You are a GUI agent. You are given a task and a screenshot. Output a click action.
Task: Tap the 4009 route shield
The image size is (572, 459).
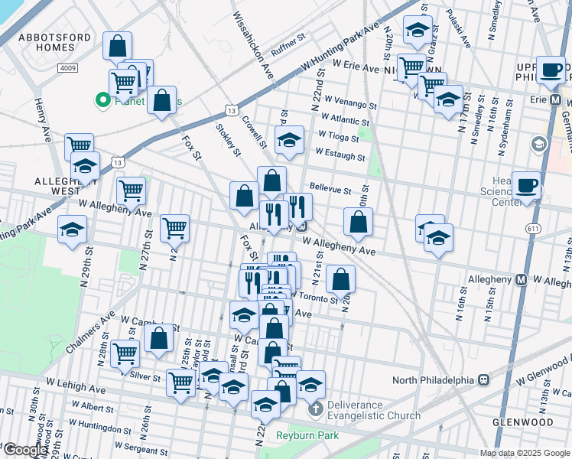[67, 68]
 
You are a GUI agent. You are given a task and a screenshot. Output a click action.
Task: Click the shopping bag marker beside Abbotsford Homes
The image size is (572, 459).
[117, 47]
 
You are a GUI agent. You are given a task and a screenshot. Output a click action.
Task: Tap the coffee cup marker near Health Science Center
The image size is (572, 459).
[526, 186]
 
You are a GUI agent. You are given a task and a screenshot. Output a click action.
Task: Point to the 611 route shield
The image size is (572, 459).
[533, 229]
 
